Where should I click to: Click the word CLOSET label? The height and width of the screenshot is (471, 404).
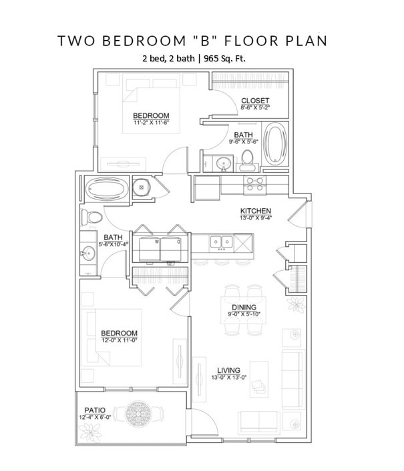click(254, 101)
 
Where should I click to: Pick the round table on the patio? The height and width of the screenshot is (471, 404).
click(140, 412)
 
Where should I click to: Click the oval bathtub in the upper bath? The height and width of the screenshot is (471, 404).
click(275, 143)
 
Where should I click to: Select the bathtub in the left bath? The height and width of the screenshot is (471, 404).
click(105, 188)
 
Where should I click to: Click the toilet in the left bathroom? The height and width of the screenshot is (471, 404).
click(91, 217)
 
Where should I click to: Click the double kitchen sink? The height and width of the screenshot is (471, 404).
click(220, 241)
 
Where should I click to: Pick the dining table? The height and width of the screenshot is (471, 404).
click(244, 309)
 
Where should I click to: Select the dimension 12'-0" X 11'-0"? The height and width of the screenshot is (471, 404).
click(119, 341)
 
